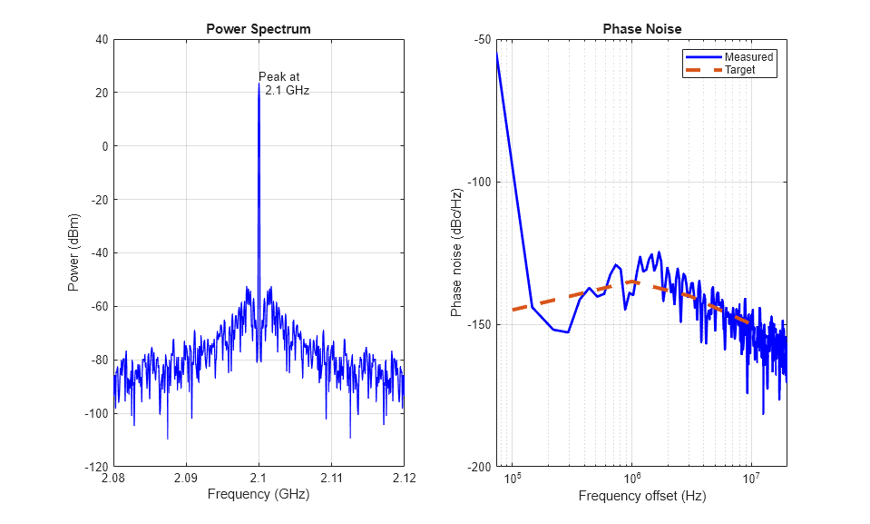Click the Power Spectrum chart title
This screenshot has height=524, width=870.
[259, 29]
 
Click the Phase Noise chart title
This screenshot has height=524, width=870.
[642, 29]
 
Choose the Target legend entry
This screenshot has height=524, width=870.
[739, 70]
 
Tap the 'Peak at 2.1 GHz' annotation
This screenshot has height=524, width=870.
[283, 84]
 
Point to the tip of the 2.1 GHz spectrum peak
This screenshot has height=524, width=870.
[259, 84]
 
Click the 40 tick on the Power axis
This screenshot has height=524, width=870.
[99, 39]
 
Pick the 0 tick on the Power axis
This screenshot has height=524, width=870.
[104, 146]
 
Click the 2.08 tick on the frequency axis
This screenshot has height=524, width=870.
[114, 479]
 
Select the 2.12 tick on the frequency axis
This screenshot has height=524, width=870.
[404, 479]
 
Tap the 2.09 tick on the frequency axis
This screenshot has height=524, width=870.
[186, 479]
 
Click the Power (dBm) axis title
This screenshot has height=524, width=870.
[73, 252]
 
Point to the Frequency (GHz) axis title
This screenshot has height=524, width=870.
[259, 495]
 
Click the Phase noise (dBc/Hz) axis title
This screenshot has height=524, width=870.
[457, 252]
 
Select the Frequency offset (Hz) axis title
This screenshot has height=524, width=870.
[642, 496]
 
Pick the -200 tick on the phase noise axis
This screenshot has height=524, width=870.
[478, 467]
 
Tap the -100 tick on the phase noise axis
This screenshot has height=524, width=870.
[478, 182]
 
